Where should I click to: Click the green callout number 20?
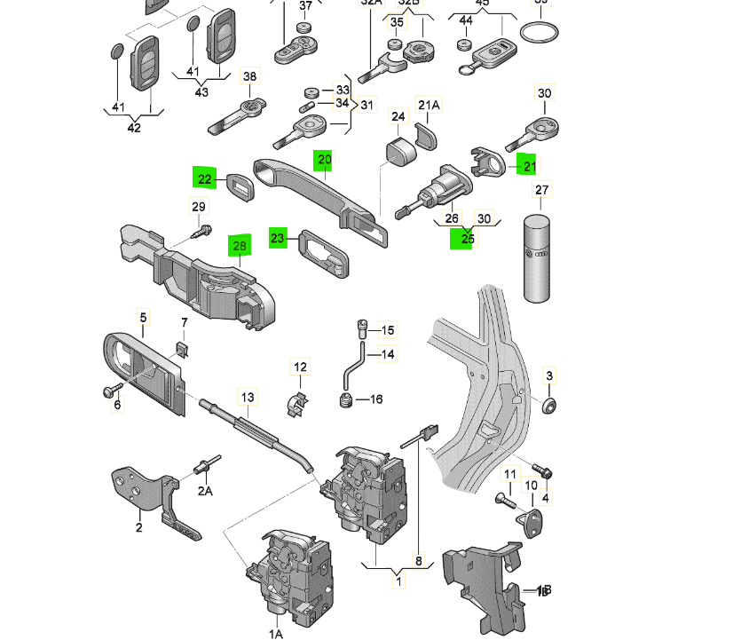[324, 160]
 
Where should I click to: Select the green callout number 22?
[205, 179]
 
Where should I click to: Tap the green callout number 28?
[238, 245]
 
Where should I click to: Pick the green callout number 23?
[279, 239]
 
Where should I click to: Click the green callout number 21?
[529, 165]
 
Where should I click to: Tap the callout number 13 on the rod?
[248, 397]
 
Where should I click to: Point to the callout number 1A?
[276, 632]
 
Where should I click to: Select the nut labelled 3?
[549, 407]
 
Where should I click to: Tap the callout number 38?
[249, 77]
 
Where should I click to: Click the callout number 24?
[399, 116]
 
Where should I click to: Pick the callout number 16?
[374, 399]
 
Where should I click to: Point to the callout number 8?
[417, 560]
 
